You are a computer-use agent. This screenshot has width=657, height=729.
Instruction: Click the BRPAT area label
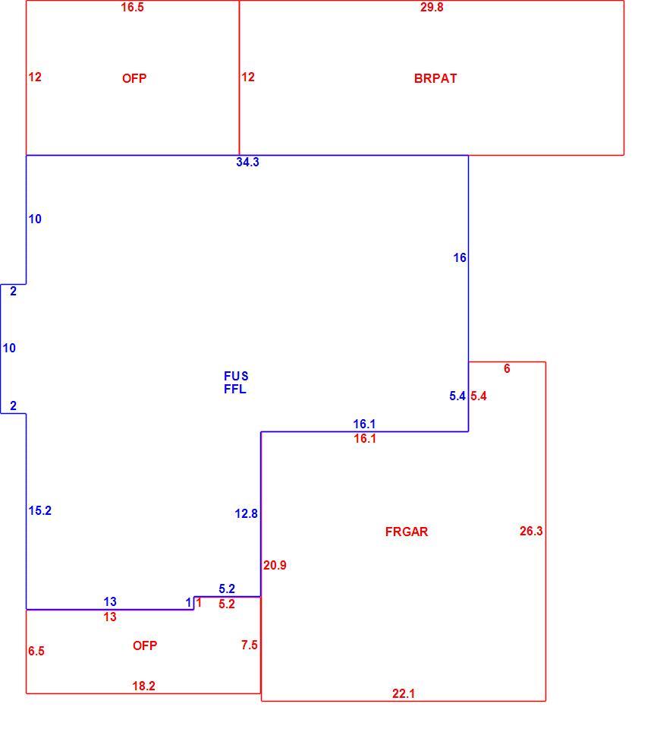point(435,78)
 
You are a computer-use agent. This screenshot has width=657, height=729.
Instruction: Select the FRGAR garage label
point(407,532)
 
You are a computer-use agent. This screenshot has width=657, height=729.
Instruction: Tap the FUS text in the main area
point(236,376)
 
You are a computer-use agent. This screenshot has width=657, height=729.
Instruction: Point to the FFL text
point(235,389)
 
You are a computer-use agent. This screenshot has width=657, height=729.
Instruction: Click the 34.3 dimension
point(247,162)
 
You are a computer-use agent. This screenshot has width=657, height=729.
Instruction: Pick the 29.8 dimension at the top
point(432,7)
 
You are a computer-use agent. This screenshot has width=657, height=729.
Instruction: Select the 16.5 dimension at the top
point(133,7)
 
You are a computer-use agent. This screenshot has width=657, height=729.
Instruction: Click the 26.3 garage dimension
point(531,531)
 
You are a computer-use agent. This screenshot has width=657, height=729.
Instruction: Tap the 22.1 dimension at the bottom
point(404,693)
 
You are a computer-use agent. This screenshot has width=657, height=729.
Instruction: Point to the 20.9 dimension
point(275,565)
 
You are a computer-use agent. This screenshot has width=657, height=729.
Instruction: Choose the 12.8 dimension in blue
point(247,514)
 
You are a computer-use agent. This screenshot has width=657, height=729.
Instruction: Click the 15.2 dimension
point(40,510)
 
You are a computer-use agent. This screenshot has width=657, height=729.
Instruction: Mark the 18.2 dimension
point(143,686)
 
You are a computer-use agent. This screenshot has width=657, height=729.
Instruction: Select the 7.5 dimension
point(250,645)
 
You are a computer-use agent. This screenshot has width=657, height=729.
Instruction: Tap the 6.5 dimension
point(36,651)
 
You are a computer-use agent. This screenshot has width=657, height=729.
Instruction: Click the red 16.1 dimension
point(365,438)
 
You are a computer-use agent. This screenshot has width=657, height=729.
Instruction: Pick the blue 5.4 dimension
point(457,396)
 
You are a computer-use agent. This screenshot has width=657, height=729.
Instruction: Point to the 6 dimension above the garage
point(507,369)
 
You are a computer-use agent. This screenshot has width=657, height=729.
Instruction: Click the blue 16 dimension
point(460,257)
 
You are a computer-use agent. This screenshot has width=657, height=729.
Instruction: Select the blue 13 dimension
point(110,601)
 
